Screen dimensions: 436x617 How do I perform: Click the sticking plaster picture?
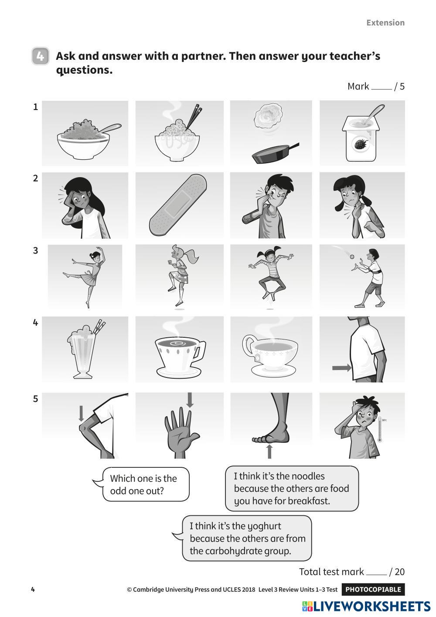[178, 205]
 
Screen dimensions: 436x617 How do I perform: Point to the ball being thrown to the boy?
[352, 257]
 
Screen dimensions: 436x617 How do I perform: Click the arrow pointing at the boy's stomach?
[341, 368]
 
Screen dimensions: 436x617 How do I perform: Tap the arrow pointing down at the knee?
[81, 413]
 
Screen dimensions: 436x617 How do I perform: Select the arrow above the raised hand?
[190, 400]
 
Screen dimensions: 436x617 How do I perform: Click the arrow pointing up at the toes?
[269, 452]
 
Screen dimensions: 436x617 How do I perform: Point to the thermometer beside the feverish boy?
[380, 430]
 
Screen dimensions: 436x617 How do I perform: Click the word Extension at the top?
[385, 23]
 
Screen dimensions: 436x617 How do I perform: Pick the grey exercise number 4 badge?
[40, 56]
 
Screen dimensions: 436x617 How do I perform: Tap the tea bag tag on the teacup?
[258, 358]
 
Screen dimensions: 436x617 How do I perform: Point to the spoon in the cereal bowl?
[109, 129]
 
